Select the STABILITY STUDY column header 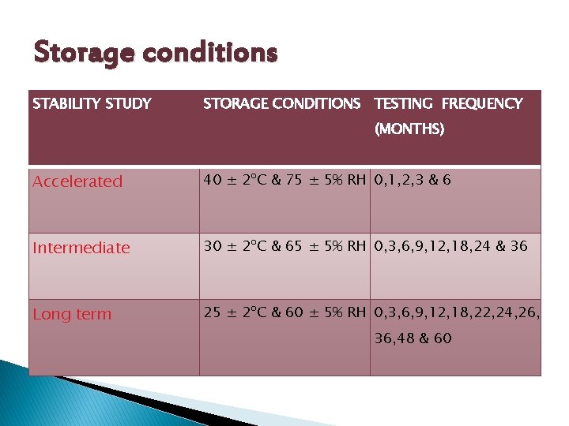pos(92,103)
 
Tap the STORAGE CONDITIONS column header pos(281,103)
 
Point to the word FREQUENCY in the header pos(482,103)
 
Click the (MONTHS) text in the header pos(409,129)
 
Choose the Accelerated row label pos(77,181)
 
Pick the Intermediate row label pos(81,248)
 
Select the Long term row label pos(72,314)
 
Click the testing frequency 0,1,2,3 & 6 pos(413,180)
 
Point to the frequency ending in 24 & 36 pos(450,246)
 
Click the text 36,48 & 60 pos(413,338)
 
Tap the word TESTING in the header pos(403,103)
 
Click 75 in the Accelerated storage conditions pos(295,180)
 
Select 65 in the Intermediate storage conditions pos(295,246)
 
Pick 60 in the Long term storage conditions pos(295,312)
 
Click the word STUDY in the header pos(129,103)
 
